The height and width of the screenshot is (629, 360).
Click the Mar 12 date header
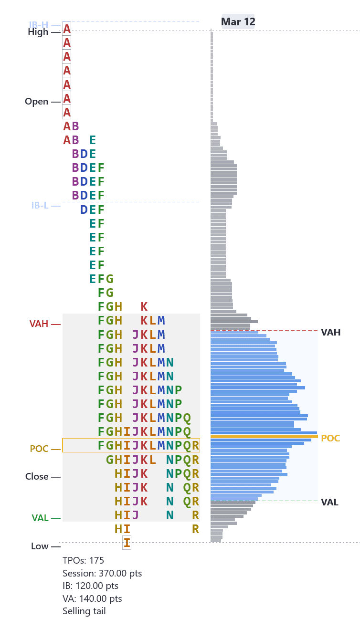[x=238, y=22]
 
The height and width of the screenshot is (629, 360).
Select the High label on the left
[x=38, y=32]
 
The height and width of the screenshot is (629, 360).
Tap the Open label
[x=37, y=102]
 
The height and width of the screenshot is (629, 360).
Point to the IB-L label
[x=40, y=206]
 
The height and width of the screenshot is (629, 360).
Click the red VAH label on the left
[x=39, y=324]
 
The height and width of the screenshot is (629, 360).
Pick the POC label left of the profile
[x=39, y=449]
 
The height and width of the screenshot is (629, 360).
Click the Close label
[x=37, y=477]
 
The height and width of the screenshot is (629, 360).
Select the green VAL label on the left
[x=40, y=518]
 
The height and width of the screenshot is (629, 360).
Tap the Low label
[x=40, y=546]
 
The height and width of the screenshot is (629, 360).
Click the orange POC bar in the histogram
[x=264, y=436]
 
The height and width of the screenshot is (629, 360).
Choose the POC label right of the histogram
[x=330, y=438]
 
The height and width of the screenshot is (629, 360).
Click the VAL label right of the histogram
[x=329, y=502]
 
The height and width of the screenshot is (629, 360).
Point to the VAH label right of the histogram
[x=330, y=332]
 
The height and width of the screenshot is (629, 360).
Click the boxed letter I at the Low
[x=127, y=543]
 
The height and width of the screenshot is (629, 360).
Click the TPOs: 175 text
[x=83, y=560]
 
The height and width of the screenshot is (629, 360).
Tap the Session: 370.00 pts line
[x=102, y=573]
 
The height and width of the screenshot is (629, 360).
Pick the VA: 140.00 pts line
[x=92, y=598]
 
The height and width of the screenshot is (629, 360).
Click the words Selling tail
[x=84, y=611]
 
